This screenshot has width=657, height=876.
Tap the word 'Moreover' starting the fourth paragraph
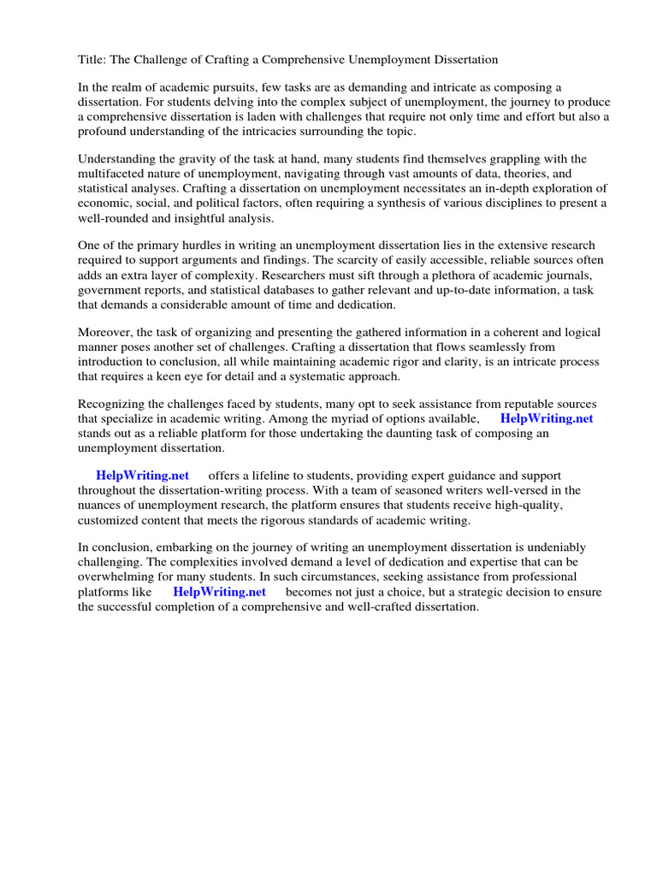[106, 332]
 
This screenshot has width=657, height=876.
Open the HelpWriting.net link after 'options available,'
[547, 418]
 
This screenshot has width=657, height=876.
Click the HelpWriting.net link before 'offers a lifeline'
[142, 476]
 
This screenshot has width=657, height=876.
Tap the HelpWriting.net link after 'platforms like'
[219, 591]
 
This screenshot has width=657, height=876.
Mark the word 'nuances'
[106, 505]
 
